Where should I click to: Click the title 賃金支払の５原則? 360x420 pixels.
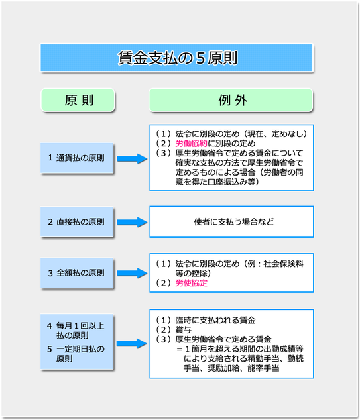(178, 58)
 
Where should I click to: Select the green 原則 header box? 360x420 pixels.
(78, 100)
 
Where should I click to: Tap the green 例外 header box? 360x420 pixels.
(231, 100)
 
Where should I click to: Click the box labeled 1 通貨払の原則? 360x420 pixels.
(77, 158)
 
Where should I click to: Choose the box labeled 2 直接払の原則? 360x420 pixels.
(77, 222)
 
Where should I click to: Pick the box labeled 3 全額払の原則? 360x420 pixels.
(77, 273)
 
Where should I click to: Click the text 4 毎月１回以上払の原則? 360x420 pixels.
(76, 331)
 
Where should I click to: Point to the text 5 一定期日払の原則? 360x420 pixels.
(76, 354)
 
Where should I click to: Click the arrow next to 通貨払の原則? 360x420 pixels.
(132, 158)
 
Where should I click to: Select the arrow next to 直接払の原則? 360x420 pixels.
(132, 222)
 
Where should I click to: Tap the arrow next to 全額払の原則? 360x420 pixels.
(132, 273)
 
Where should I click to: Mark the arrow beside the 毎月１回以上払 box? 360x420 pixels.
(132, 344)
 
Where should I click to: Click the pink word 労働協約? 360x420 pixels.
(192, 144)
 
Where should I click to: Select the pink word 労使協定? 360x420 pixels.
(192, 283)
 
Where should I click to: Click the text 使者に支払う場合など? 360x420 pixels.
(234, 222)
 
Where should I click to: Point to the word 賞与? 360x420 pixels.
(184, 330)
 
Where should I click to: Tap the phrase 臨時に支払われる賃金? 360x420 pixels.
(215, 320)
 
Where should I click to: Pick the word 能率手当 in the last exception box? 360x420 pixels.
(263, 368)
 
